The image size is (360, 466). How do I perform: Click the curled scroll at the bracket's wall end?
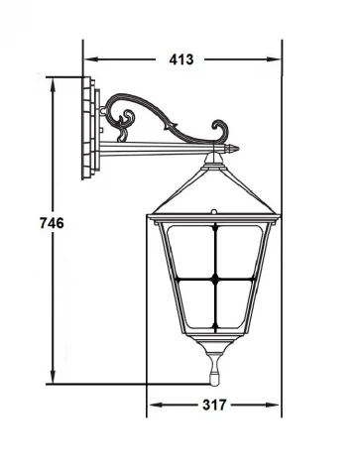(123, 123)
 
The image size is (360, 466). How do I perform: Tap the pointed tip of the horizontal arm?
(236, 149)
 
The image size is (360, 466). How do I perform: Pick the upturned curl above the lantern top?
(220, 128)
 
